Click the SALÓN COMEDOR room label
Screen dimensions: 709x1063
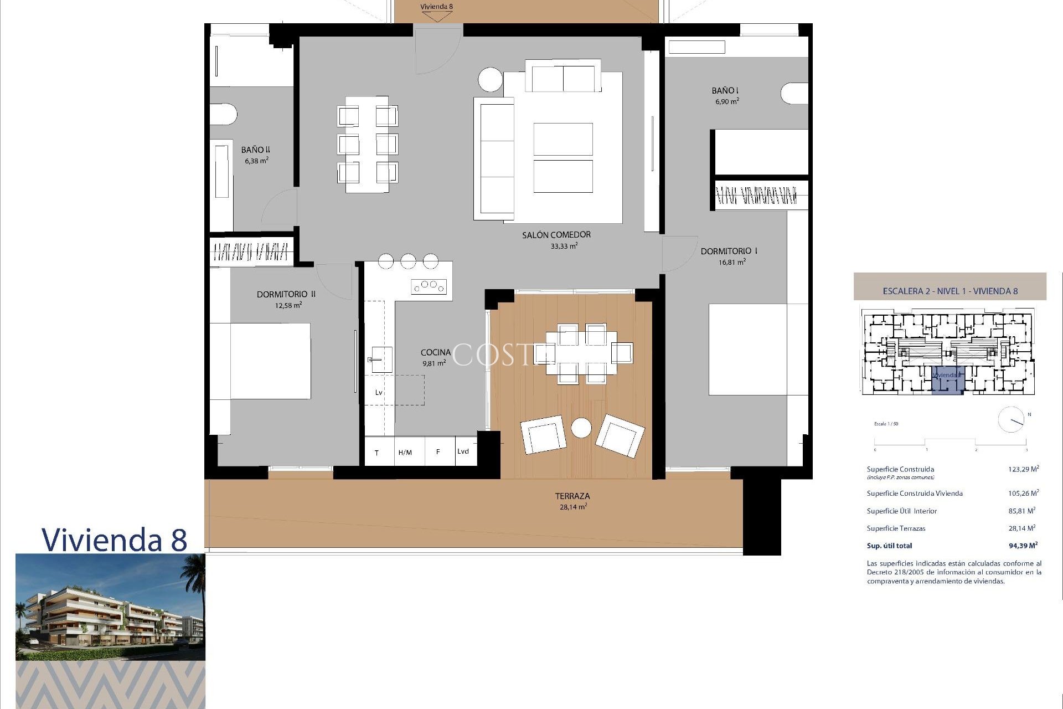[556, 235]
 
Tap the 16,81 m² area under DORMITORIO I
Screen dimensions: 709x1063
[731, 262]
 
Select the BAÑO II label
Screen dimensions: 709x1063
[255, 150]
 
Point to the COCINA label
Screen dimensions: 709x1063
[435, 352]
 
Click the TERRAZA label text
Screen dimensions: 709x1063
[572, 496]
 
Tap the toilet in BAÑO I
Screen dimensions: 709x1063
[794, 94]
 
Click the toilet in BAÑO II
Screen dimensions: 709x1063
[223, 115]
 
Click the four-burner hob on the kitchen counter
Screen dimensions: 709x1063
[429, 286]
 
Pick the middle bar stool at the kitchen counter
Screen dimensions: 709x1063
[408, 260]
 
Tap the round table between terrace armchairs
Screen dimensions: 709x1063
[581, 428]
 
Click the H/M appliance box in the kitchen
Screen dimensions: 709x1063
[405, 452]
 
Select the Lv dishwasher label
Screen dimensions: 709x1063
[379, 392]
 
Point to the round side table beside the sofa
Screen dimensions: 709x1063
[490, 79]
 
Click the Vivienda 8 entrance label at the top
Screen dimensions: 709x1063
[436, 7]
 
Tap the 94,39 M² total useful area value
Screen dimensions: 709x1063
[1023, 546]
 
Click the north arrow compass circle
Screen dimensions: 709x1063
[1011, 420]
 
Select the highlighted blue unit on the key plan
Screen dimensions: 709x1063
[947, 380]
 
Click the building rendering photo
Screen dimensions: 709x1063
[110, 607]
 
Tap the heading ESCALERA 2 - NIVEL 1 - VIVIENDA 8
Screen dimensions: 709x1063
[950, 291]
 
